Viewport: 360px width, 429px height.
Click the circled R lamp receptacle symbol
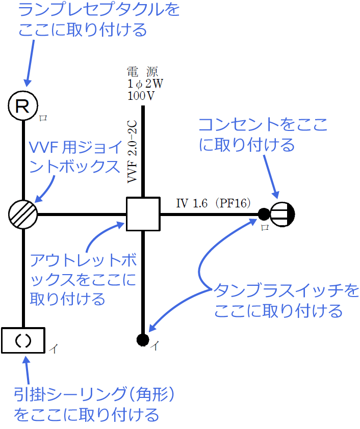coord(23,106)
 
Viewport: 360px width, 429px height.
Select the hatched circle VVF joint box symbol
coord(23,213)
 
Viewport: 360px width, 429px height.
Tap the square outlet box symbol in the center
coord(143,213)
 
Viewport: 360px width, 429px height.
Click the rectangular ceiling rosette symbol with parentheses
coord(23,340)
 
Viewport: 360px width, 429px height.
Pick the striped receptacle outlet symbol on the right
coord(282,213)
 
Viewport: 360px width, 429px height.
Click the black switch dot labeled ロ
coord(264,213)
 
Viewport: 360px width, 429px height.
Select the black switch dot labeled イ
coord(143,339)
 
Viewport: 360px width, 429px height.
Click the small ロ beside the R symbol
coord(43,118)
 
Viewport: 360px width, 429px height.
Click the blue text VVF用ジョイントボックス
coord(76,157)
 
